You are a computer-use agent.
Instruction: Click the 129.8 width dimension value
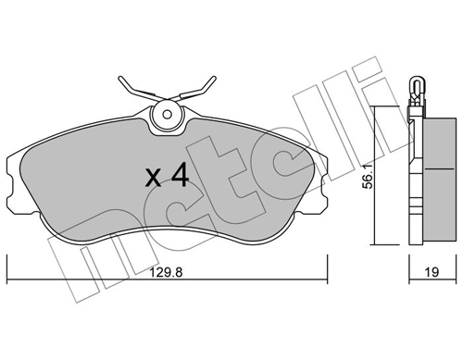(x=166, y=272)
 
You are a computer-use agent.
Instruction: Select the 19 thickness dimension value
(x=432, y=272)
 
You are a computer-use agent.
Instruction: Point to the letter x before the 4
(x=153, y=178)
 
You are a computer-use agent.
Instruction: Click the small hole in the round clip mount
(x=168, y=115)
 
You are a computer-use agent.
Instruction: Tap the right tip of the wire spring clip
(x=214, y=78)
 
